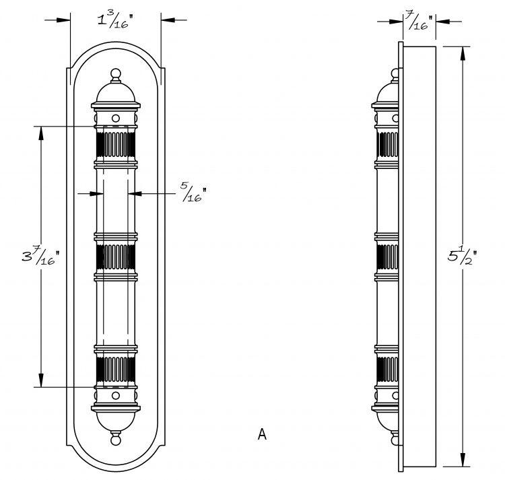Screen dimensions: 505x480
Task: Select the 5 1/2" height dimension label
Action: (462, 256)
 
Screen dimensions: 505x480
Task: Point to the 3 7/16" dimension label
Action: (41, 256)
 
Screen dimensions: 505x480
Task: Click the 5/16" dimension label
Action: (193, 192)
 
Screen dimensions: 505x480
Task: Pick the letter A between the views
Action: (262, 434)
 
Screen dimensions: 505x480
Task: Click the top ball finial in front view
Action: (116, 75)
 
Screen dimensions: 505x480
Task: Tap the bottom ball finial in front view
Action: (116, 439)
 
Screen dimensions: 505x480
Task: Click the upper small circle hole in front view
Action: (116, 118)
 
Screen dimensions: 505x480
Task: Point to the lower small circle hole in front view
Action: (116, 395)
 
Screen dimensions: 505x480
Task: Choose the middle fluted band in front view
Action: (116, 256)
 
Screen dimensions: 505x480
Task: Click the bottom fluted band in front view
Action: (116, 369)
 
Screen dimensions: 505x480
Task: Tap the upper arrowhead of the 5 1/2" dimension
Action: (463, 53)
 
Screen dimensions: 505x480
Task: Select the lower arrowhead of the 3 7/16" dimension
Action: (41, 380)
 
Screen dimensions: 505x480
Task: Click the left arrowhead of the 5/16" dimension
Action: (96, 193)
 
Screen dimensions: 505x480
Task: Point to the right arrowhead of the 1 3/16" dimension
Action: (168, 20)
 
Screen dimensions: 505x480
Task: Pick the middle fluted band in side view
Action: (388, 256)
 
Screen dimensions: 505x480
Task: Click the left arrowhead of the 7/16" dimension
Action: (396, 22)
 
